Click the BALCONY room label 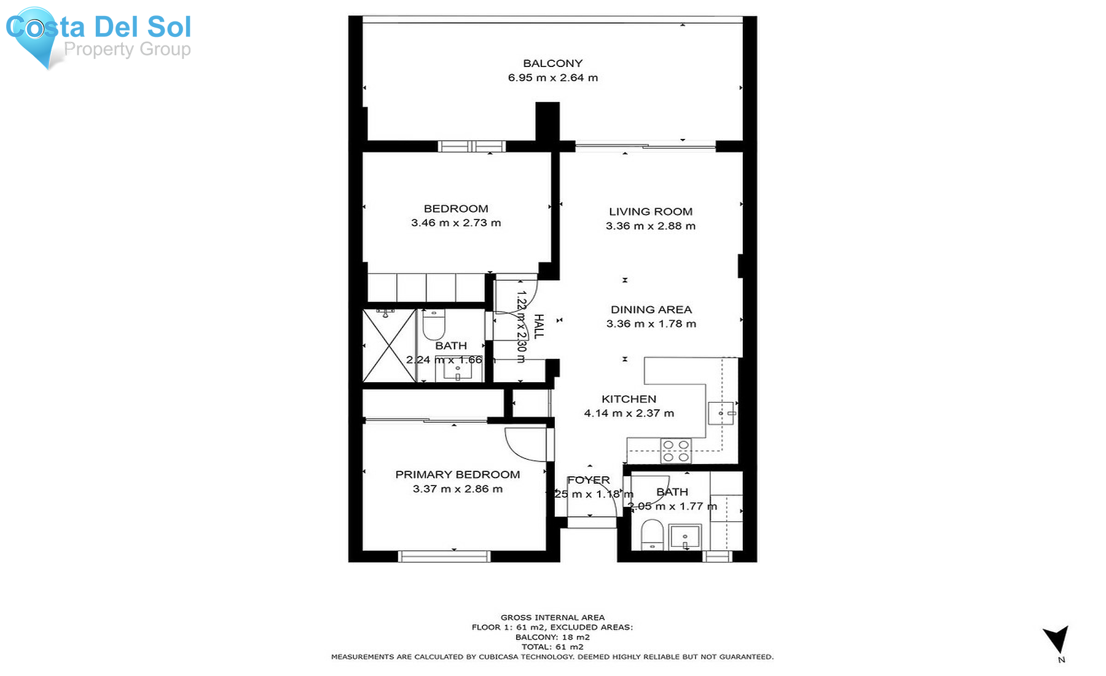552,63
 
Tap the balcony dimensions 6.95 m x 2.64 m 552,78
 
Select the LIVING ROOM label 650,211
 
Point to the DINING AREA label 651,310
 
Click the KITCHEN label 629,399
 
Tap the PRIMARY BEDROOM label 457,474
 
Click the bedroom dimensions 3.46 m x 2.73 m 456,223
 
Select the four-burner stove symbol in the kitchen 675,451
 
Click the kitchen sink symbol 721,414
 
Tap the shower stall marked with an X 389,345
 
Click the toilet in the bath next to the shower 434,324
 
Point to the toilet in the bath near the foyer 652,535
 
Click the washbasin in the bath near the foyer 684,537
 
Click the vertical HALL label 538,326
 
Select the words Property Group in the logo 127,49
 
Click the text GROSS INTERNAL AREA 552,618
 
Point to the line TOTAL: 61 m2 552,647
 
